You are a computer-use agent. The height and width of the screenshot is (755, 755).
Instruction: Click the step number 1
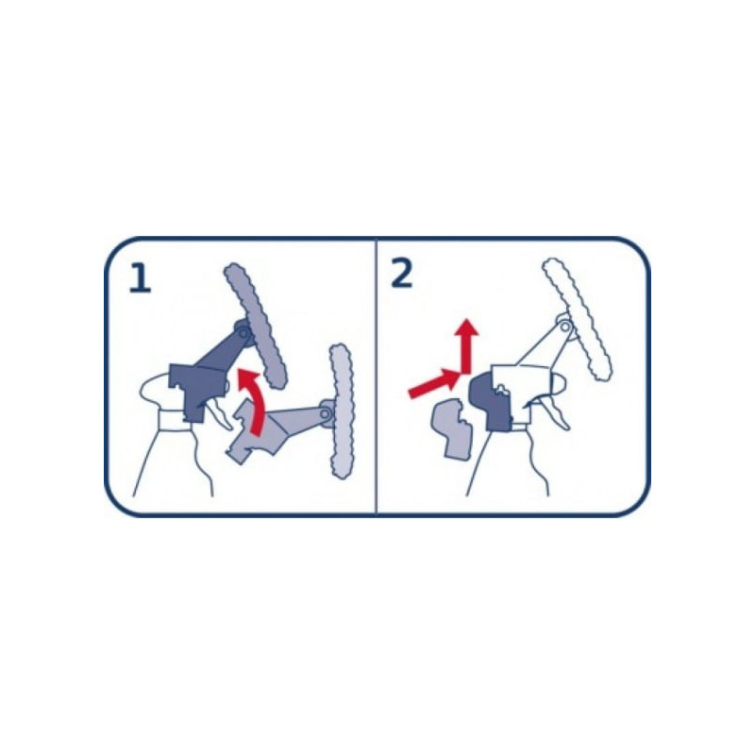140,278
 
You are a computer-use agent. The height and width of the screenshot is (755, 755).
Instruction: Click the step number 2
402,274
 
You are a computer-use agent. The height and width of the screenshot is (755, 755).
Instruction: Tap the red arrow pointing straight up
466,344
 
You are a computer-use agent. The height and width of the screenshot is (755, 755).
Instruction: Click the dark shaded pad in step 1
255,325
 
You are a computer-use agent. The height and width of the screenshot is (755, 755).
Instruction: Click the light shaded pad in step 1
341,411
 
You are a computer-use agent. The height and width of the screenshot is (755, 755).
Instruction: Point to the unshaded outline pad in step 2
578,319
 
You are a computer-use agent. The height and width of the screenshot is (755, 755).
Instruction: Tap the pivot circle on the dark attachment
244,333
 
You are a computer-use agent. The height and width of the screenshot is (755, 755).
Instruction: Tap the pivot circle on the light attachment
326,413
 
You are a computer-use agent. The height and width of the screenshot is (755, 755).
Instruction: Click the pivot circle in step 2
565,327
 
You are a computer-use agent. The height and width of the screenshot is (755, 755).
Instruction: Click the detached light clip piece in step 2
451,428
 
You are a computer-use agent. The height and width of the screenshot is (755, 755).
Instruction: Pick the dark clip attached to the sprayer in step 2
491,402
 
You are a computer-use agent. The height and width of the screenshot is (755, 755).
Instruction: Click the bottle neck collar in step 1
174,420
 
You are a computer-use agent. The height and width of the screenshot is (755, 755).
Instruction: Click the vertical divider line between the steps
376,377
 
